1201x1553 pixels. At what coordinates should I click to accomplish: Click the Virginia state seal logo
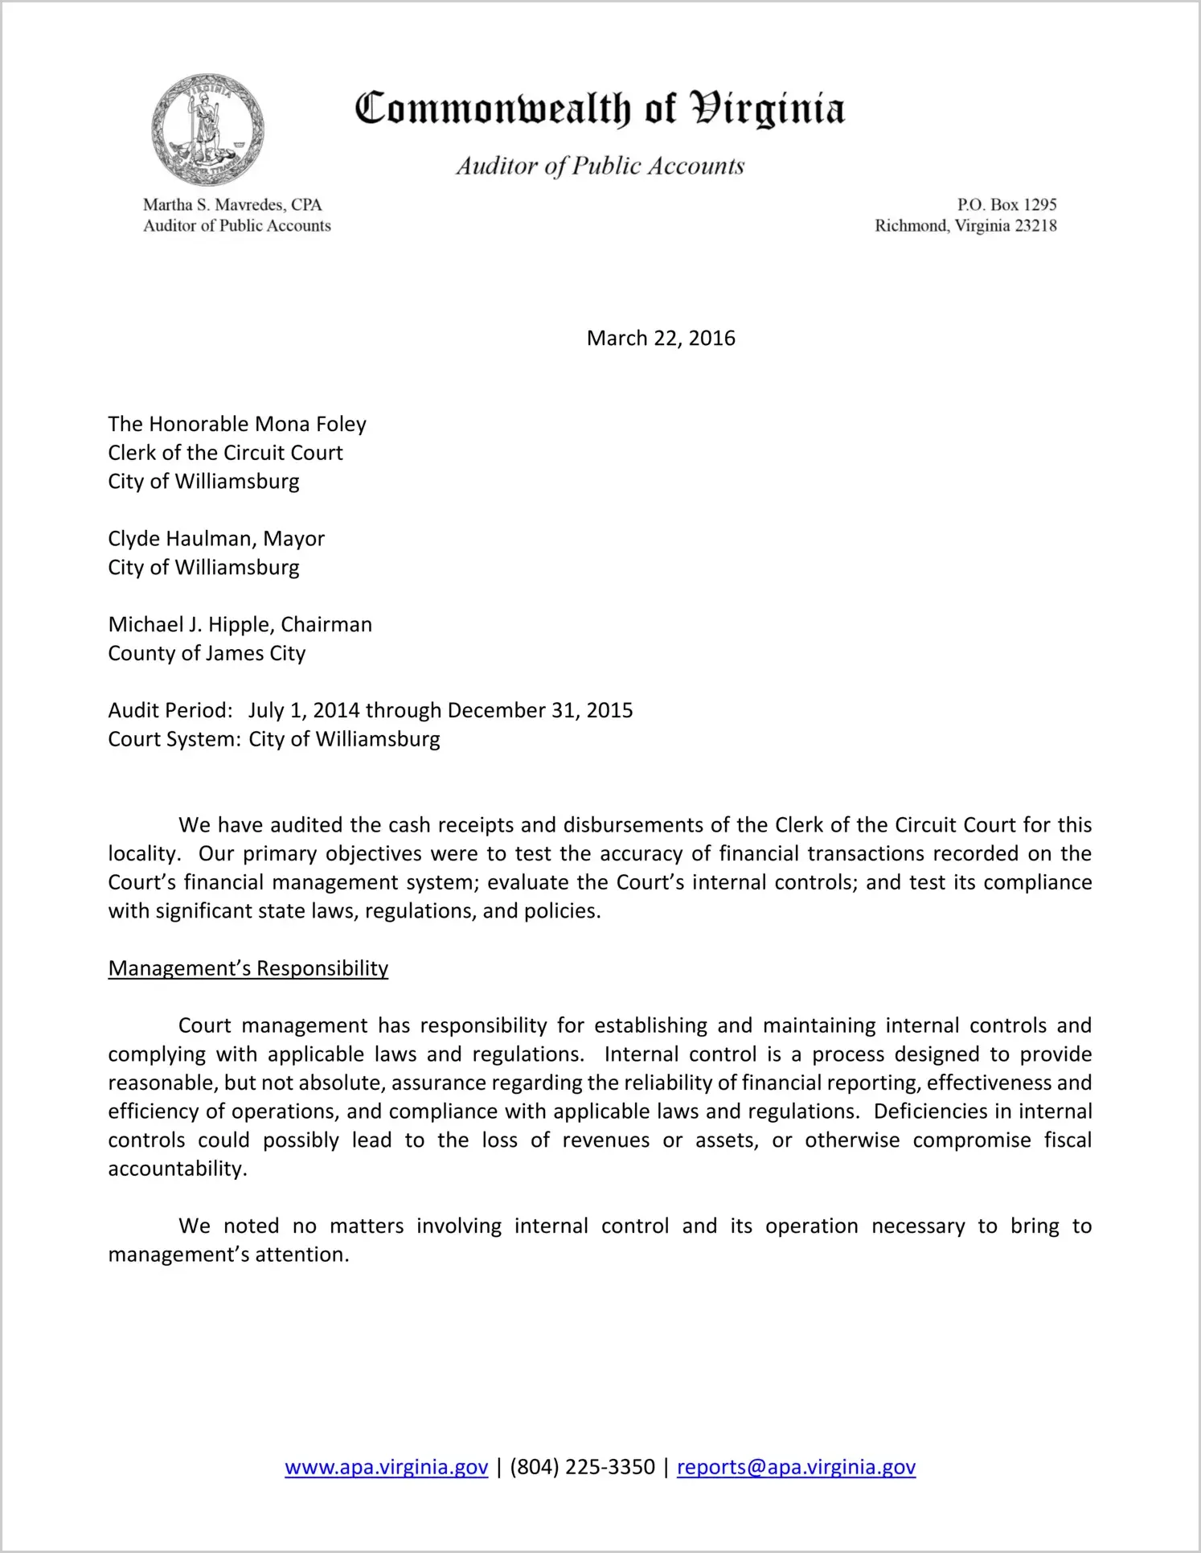point(208,129)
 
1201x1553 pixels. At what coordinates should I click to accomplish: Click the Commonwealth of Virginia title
point(600,109)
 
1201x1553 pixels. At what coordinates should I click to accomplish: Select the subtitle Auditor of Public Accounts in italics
point(600,166)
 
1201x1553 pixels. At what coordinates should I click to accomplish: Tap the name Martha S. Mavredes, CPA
point(232,205)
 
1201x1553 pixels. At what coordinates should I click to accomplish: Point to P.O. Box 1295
point(1006,205)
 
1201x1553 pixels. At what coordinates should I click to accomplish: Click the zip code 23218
point(1035,226)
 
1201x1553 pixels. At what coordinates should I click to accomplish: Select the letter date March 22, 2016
point(661,338)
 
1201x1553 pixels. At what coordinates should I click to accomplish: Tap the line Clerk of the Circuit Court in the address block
point(225,453)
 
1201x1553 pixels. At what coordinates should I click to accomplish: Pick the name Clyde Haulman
point(180,539)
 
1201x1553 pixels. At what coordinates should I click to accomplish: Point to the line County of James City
point(207,653)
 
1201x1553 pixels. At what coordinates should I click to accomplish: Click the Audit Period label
point(170,711)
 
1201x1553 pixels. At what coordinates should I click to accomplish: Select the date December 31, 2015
point(539,711)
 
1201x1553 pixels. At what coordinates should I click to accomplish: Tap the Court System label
point(174,739)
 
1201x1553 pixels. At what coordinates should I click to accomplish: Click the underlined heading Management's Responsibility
point(248,968)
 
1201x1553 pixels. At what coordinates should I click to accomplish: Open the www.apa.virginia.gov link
point(386,1467)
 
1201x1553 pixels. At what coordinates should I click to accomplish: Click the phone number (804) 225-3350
point(582,1467)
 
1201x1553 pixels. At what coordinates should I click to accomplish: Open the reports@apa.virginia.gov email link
point(796,1467)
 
